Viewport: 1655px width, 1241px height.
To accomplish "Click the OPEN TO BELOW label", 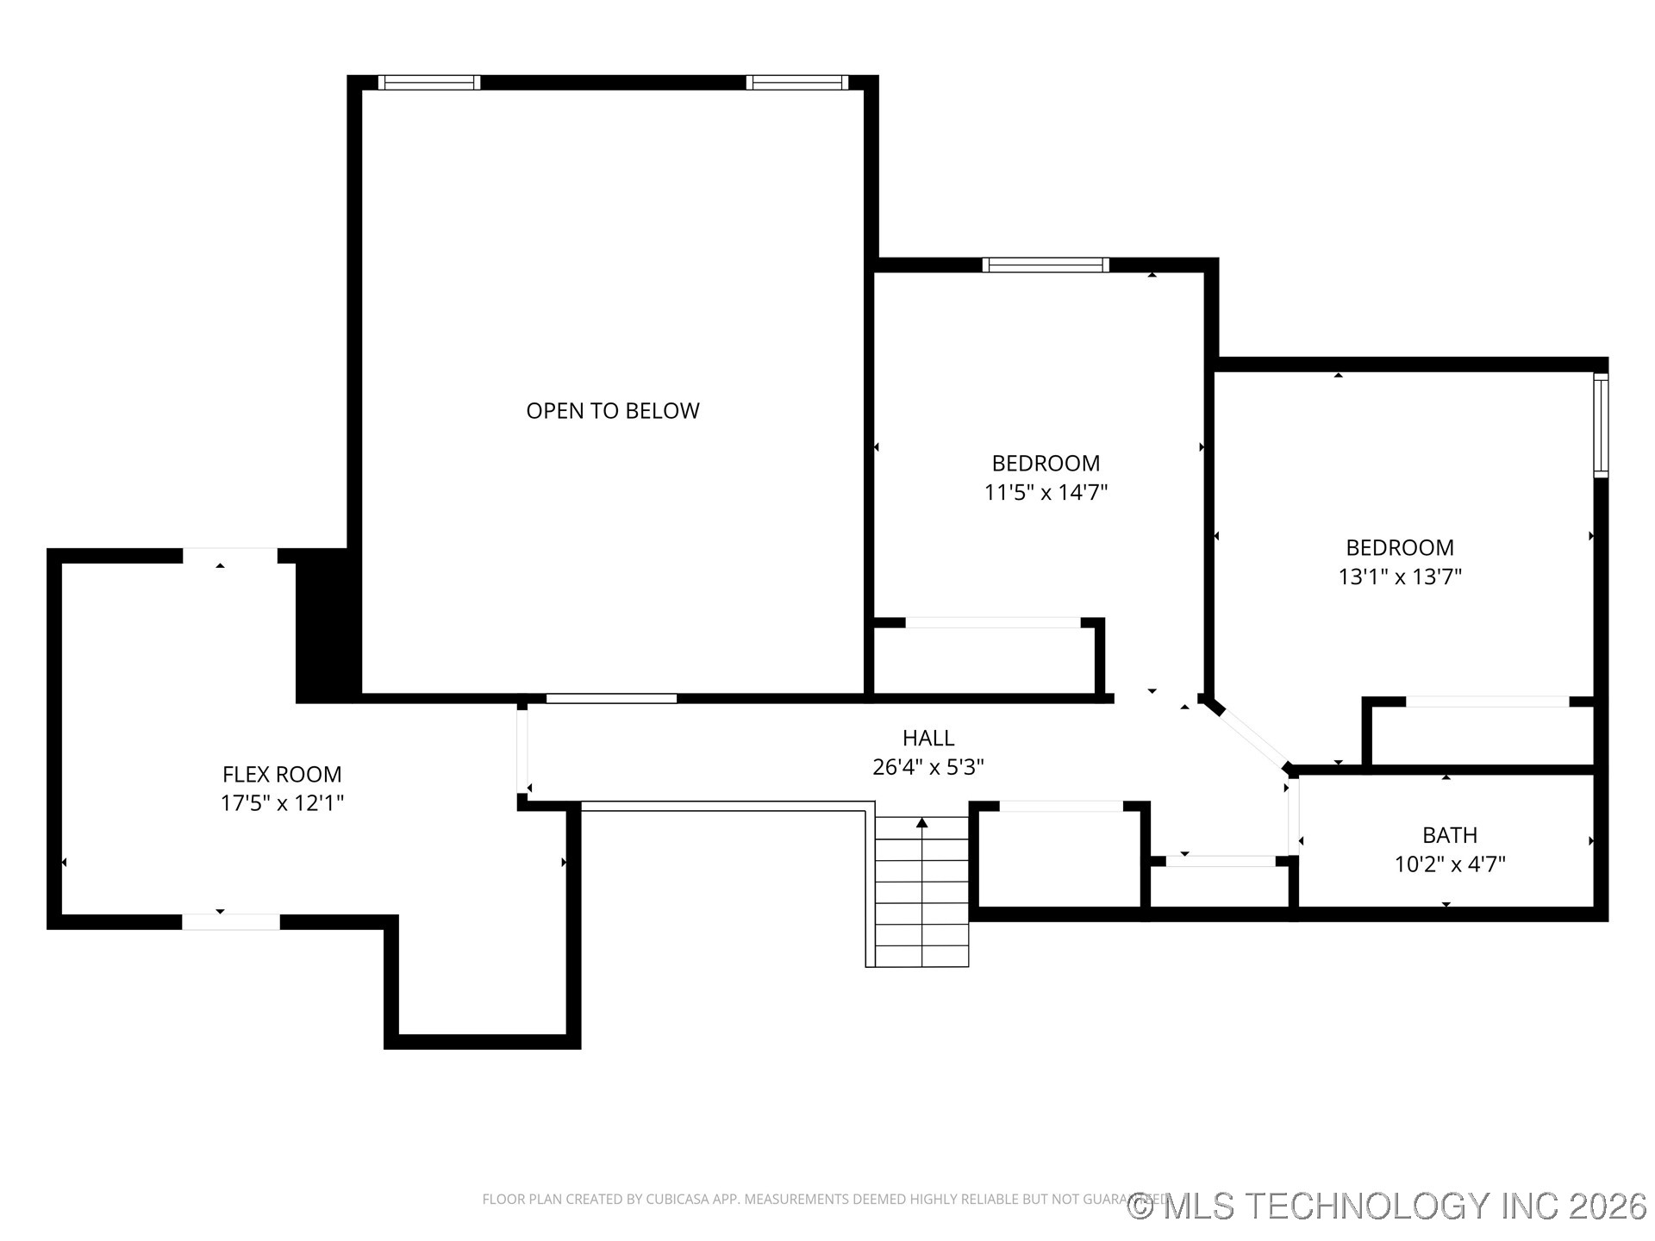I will click(612, 411).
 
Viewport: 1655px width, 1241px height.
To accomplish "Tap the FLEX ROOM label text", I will click(282, 774).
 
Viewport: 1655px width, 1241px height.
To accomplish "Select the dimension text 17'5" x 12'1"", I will click(282, 803).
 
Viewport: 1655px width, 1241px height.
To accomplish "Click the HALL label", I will click(927, 738).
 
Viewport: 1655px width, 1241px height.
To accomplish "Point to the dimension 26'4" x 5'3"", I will click(927, 767).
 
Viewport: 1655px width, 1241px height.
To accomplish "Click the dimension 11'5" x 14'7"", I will click(1046, 492).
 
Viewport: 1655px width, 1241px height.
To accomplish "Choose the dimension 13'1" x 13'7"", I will click(1399, 577).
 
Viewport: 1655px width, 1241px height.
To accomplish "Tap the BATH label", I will click(1449, 835).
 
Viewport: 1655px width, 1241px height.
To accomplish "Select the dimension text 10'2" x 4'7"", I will click(1449, 864).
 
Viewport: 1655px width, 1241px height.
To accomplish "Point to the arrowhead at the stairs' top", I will click(921, 823).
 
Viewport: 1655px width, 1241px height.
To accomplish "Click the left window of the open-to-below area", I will click(428, 83).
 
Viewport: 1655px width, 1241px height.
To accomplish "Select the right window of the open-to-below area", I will click(796, 83).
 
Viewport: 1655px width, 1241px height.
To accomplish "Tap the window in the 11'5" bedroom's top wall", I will click(1045, 265).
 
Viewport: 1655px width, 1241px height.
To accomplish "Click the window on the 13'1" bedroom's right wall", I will click(1600, 425).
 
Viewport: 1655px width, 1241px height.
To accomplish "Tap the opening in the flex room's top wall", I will click(229, 556).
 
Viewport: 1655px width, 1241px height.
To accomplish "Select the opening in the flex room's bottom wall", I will click(230, 921).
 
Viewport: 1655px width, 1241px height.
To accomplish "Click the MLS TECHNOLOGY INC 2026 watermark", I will click(1387, 1206).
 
